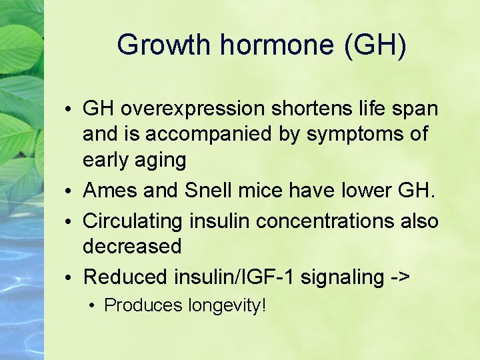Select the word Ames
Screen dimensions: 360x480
tap(107, 191)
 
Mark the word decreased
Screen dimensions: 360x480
tap(132, 247)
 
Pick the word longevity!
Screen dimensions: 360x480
tap(227, 305)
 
